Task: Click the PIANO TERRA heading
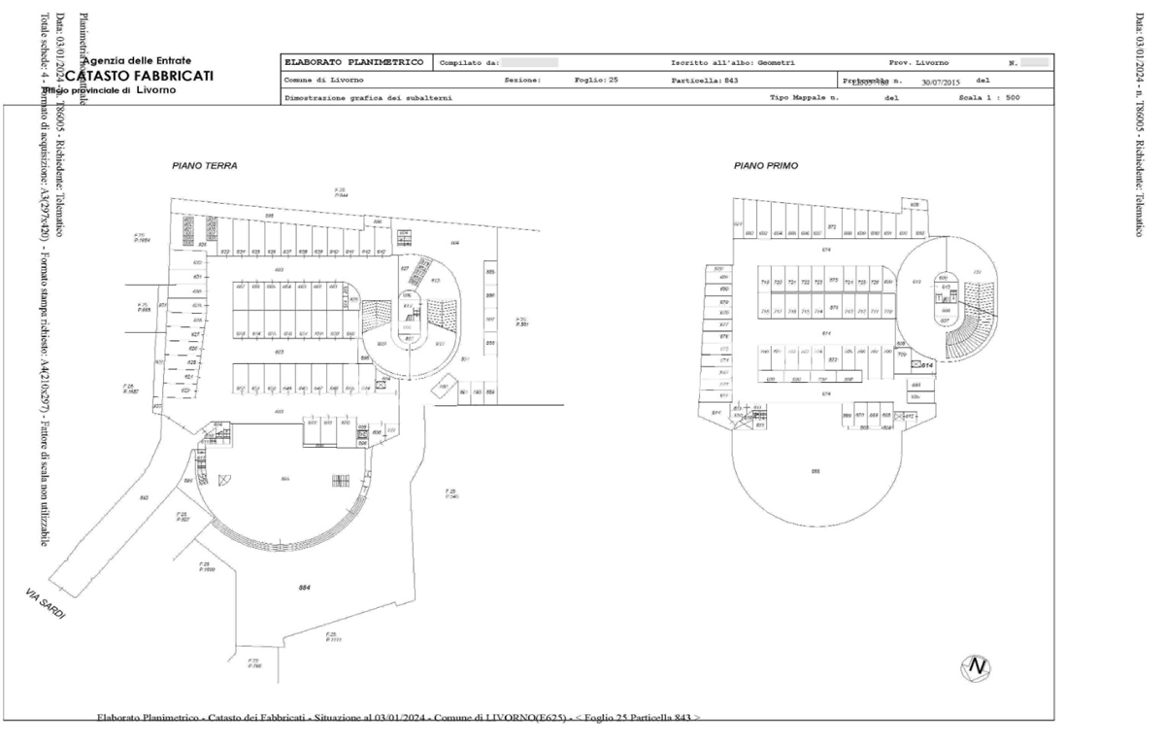coord(204,166)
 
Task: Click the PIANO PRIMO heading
coord(766,166)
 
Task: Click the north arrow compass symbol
coord(976,667)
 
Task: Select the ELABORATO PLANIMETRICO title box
coord(353,63)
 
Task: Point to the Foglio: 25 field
coord(596,80)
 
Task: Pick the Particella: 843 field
coord(705,80)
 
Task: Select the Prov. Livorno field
coord(918,63)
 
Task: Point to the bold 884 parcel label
coord(306,588)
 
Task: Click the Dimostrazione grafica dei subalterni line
coord(368,98)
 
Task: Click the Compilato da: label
coord(470,63)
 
